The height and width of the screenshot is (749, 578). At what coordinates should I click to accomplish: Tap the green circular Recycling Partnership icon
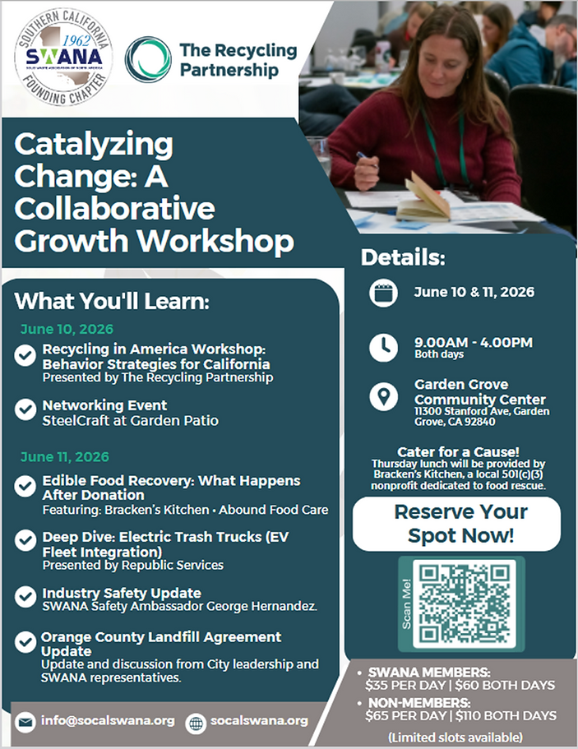click(x=149, y=58)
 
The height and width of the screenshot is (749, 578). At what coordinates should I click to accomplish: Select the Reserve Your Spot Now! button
click(x=456, y=524)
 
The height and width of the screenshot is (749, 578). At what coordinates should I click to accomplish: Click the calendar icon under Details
click(x=383, y=294)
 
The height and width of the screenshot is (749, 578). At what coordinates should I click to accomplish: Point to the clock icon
click(x=383, y=347)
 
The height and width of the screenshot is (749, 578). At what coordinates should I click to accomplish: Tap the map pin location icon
click(x=383, y=398)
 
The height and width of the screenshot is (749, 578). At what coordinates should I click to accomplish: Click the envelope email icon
click(x=25, y=721)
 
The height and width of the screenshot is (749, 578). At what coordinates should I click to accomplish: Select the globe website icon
click(x=196, y=722)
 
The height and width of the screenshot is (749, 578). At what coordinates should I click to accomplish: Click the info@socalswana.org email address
click(x=108, y=721)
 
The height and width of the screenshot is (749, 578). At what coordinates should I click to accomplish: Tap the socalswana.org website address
click(x=259, y=721)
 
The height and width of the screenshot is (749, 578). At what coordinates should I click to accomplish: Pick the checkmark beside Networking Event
click(x=25, y=409)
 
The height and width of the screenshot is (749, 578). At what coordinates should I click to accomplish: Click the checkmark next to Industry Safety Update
click(x=25, y=596)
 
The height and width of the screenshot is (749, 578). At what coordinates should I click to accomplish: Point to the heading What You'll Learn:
click(x=112, y=301)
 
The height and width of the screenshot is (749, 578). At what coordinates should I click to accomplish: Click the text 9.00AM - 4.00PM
click(x=473, y=342)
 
